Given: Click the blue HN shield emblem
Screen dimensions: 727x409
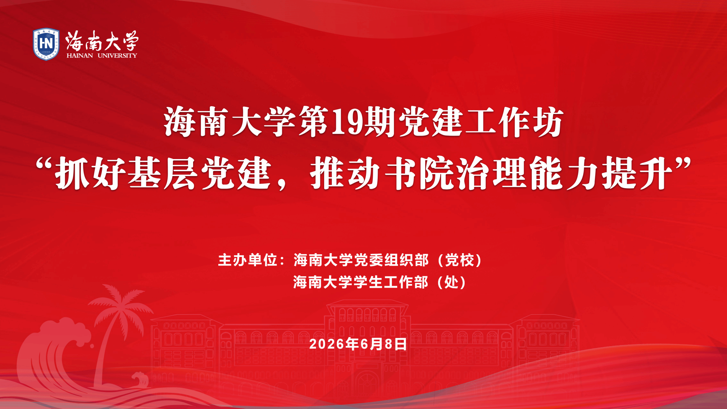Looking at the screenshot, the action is (46, 44).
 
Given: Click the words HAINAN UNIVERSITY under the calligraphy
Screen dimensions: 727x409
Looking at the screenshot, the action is (102, 55).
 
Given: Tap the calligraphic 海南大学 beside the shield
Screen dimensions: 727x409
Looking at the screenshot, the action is (102, 40).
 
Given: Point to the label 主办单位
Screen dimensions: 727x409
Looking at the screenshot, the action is (248, 260).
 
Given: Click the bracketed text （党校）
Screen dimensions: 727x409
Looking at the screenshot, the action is (460, 260).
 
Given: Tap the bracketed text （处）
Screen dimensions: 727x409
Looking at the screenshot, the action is (452, 282).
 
